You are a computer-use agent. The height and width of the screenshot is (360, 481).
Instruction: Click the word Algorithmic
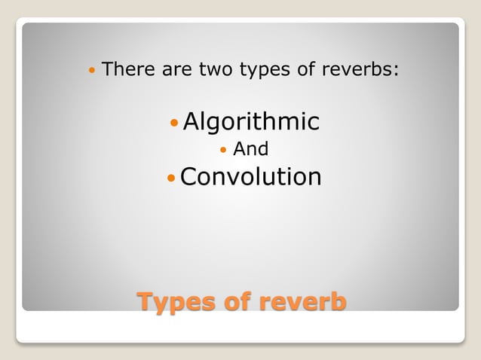click(x=251, y=122)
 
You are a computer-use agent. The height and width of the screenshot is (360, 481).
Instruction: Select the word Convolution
click(x=251, y=177)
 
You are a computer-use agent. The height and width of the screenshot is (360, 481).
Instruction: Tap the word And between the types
click(x=250, y=149)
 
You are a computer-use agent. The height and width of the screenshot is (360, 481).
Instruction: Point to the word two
click(x=215, y=70)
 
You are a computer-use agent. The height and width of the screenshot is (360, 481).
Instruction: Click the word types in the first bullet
click(x=264, y=72)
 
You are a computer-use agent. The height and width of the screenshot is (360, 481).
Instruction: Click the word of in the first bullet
click(x=303, y=70)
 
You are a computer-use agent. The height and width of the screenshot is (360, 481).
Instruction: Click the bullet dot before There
click(x=92, y=72)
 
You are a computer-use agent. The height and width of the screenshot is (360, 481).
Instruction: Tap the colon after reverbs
click(x=396, y=72)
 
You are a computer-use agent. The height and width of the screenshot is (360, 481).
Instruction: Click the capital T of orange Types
click(x=144, y=302)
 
